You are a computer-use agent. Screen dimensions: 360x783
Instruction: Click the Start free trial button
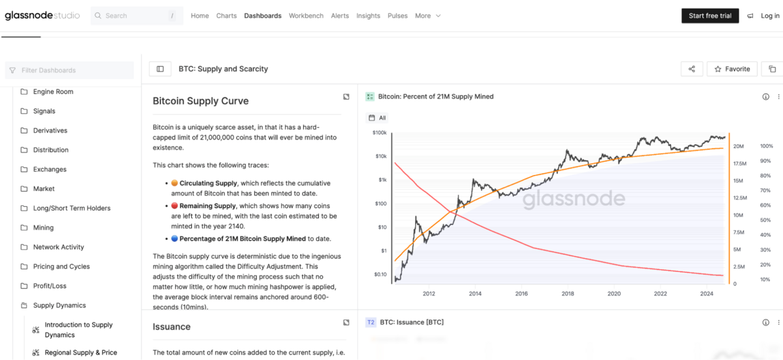710,16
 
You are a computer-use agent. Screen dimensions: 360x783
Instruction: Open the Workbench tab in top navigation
306,16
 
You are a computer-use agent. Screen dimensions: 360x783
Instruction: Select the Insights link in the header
368,16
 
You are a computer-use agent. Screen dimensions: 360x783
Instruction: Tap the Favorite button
732,69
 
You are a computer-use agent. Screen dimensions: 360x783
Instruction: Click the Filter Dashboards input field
72,70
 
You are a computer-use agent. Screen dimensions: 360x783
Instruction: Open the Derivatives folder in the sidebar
50,130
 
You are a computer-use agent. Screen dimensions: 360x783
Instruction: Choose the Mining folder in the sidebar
43,228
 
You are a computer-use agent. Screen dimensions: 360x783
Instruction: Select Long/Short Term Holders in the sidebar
72,208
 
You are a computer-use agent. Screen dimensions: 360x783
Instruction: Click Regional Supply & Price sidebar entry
81,353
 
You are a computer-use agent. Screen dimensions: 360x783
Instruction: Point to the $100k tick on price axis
379,132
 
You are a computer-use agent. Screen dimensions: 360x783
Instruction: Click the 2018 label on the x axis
568,293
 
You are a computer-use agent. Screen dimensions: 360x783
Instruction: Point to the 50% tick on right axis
766,220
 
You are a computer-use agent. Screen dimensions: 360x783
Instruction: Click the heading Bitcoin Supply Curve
200,101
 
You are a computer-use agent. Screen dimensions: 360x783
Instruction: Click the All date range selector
378,118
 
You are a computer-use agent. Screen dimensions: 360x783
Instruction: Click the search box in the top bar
137,16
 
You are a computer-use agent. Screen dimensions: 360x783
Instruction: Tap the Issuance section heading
172,327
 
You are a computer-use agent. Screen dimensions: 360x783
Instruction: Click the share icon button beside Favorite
692,69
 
